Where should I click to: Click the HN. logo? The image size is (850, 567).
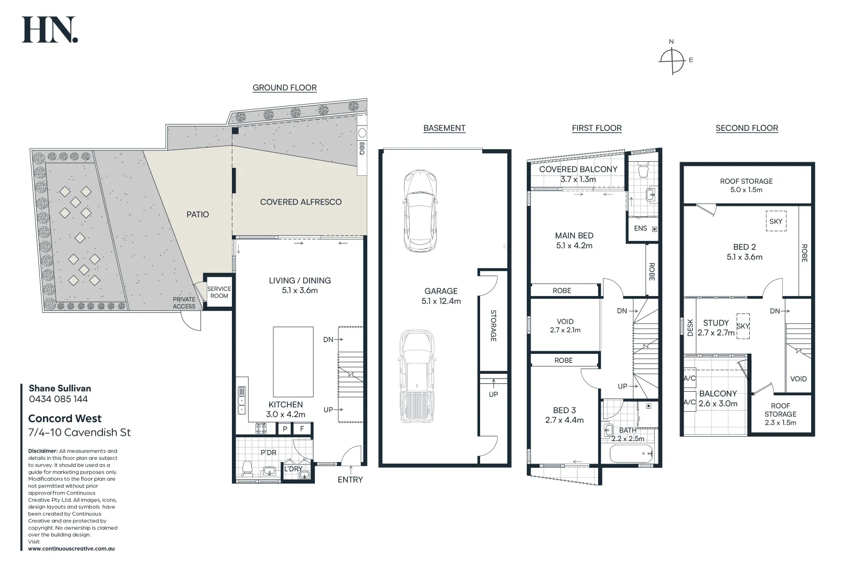tap(49, 30)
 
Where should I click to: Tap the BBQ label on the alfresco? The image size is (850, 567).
tap(362, 149)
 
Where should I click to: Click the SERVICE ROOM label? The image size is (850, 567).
tap(219, 292)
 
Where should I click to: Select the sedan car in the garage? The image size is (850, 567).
tap(420, 211)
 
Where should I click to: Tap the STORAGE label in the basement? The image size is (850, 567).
tap(493, 325)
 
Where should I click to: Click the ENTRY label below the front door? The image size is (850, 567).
tap(350, 479)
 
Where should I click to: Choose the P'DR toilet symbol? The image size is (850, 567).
tap(247, 468)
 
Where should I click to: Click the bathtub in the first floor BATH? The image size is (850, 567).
tap(632, 453)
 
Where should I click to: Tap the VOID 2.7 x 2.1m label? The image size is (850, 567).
tap(565, 325)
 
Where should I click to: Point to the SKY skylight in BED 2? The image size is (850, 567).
tap(775, 222)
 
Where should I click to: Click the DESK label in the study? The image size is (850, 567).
tap(690, 328)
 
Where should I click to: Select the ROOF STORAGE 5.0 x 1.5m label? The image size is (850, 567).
tap(746, 185)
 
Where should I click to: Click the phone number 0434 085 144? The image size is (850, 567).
tap(58, 399)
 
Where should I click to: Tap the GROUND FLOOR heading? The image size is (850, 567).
tap(284, 88)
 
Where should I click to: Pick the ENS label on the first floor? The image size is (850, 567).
tap(640, 228)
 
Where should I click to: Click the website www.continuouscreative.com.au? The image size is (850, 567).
tap(71, 549)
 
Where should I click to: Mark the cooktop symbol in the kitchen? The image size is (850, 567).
tap(261, 428)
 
